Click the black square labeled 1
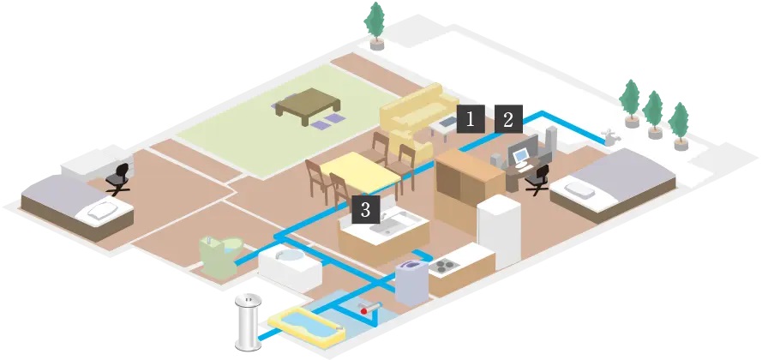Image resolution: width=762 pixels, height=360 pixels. click(470, 120)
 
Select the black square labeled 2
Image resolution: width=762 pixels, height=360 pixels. click(508, 120)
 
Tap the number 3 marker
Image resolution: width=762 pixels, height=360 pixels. click(364, 208)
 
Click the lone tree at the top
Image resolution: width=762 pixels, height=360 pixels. click(375, 22)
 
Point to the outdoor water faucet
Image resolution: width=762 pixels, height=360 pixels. click(609, 137)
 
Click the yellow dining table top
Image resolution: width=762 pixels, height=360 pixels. click(361, 171)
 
